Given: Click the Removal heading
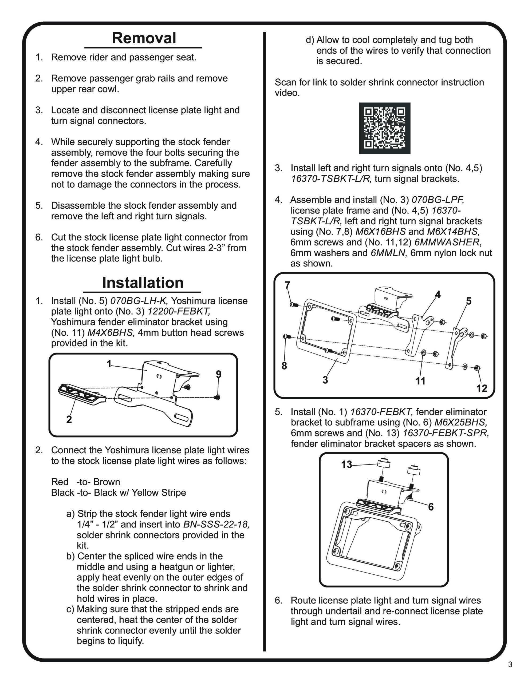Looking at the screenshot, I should [144, 38].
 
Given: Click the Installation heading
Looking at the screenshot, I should [143, 283].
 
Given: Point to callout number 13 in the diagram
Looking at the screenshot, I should [346, 464].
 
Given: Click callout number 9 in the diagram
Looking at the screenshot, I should [218, 374].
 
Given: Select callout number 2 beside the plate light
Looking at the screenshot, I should [69, 419].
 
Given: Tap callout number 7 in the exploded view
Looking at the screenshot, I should [287, 285].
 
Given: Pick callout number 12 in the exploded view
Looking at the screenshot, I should [482, 388].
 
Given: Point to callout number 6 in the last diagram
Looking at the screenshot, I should [431, 507].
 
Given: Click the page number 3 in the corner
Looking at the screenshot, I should [510, 673].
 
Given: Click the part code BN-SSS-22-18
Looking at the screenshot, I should [216, 524].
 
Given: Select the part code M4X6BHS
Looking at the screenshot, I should [111, 332].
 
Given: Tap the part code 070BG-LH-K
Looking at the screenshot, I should [140, 301].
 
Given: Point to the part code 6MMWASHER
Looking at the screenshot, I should [447, 242].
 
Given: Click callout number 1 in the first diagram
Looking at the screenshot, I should [109, 364].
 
